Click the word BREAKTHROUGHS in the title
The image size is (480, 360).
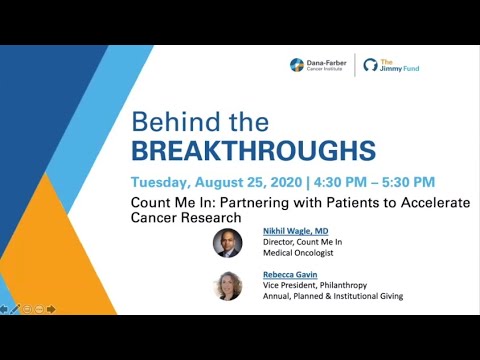[x=254, y=151]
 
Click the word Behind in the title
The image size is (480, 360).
[x=173, y=122]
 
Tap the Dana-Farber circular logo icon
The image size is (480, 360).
[x=297, y=65]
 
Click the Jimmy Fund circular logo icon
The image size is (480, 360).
[x=371, y=65]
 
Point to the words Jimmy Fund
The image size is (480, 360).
[x=397, y=68]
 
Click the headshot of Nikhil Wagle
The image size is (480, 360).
[x=228, y=242]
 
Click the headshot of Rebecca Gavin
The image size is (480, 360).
[x=228, y=286]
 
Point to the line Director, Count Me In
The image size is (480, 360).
[x=303, y=241]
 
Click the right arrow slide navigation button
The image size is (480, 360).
[x=51, y=309]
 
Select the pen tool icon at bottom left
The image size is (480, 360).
[x=16, y=309]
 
